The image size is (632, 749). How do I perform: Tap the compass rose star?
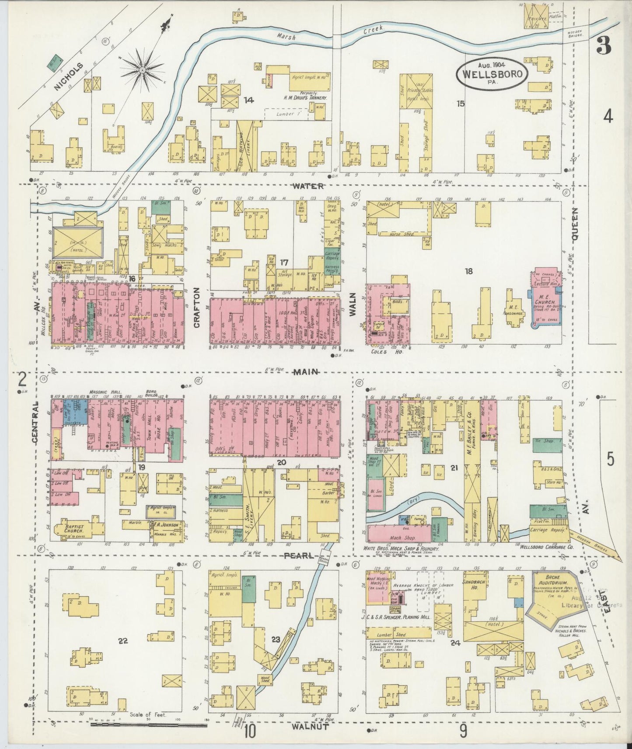coord(142,69)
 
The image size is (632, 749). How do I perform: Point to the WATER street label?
coord(308,186)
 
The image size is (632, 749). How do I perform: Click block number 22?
coord(123,641)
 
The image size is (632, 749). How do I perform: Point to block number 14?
coord(248,100)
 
